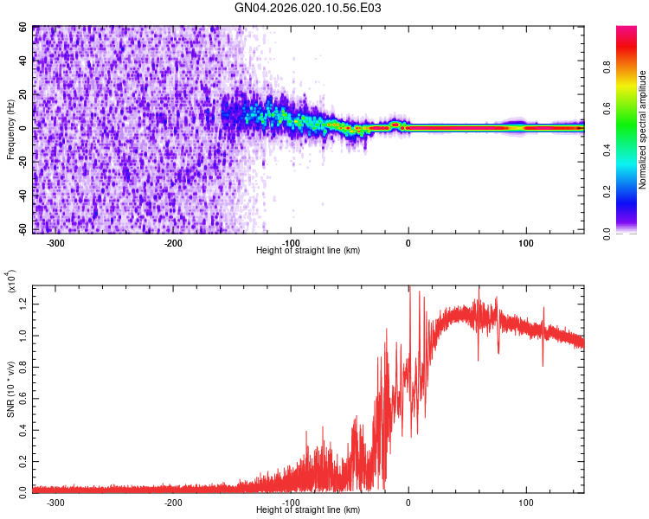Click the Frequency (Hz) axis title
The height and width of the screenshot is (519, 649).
(10, 130)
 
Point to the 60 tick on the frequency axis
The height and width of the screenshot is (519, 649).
(23, 28)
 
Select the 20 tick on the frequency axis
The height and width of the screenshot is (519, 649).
(23, 94)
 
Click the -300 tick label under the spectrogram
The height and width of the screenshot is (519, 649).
(56, 243)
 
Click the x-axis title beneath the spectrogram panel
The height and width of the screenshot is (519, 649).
(308, 251)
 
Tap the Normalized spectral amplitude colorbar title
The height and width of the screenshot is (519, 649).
(643, 130)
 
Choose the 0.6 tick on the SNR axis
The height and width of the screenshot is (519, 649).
(22, 396)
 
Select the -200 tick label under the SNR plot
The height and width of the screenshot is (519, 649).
(173, 503)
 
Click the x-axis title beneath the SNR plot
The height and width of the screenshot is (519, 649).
(308, 510)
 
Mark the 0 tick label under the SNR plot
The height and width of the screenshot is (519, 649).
(408, 503)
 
